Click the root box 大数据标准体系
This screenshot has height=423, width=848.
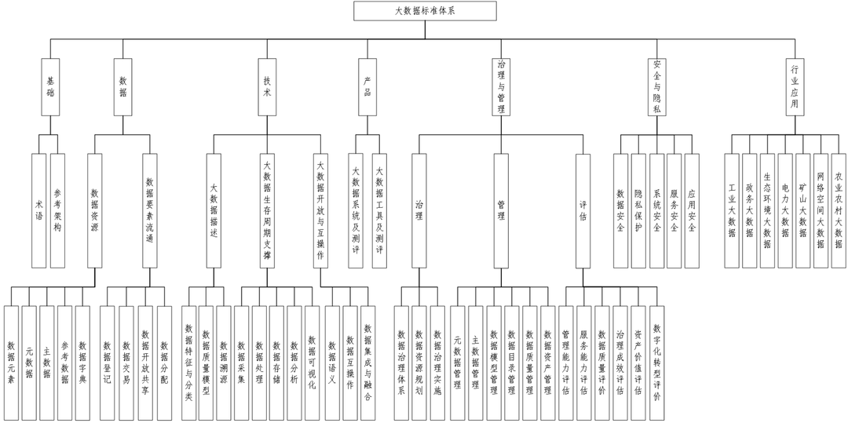424,10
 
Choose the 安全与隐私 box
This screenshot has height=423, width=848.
656,87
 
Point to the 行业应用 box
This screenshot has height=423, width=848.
795,87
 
